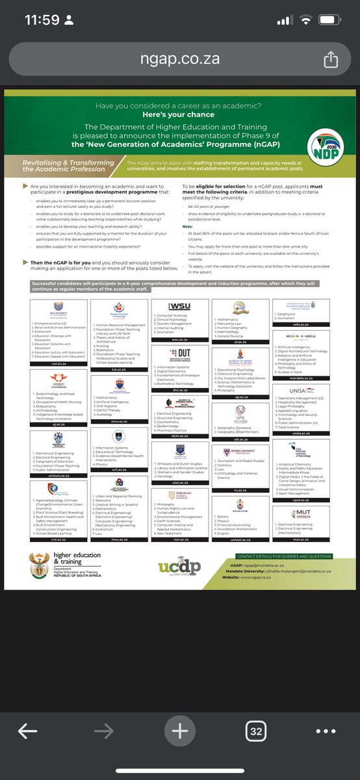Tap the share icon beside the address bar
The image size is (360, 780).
(330, 58)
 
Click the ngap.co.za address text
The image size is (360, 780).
(180, 58)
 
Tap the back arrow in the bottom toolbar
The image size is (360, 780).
(27, 731)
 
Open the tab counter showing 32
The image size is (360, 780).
(256, 731)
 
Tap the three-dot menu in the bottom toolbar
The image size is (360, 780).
(326, 731)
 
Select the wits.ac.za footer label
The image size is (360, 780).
(298, 321)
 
